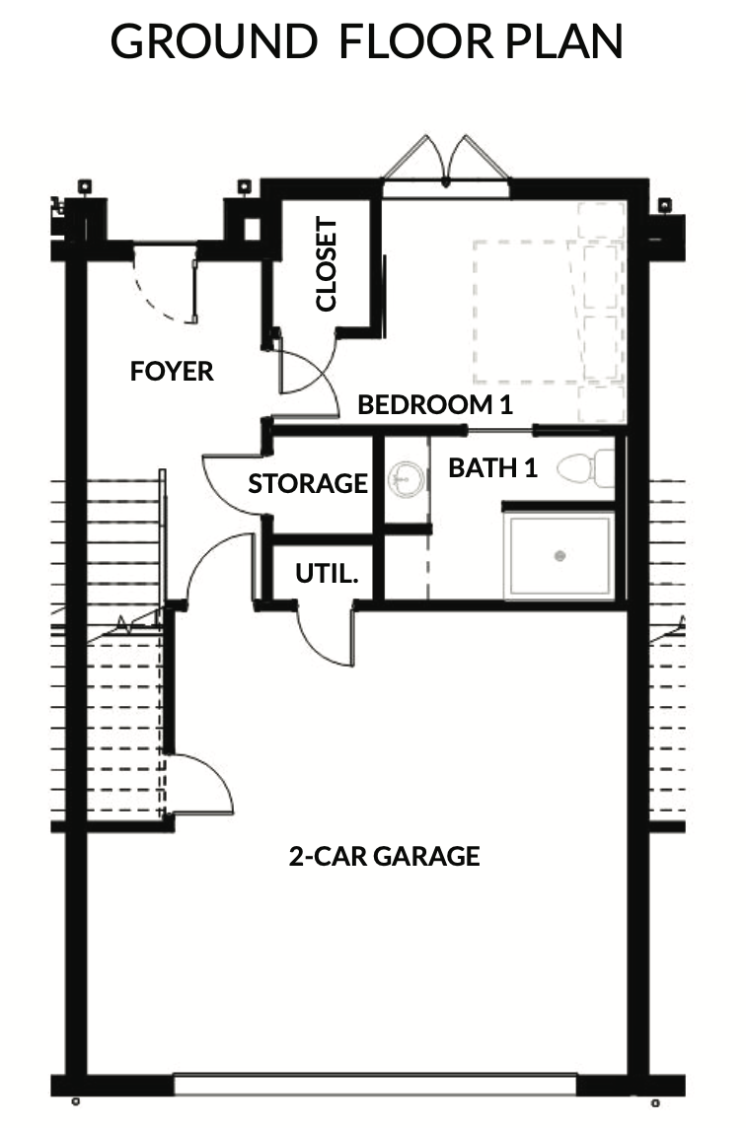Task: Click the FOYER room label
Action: [172, 371]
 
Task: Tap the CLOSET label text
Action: [327, 264]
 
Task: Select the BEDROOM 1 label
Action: [435, 404]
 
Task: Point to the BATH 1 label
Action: [492, 467]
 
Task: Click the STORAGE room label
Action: [308, 483]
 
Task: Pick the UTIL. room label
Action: [327, 573]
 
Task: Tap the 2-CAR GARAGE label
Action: [385, 856]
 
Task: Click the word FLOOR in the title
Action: [416, 41]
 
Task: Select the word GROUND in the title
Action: [214, 41]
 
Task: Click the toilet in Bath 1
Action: [586, 468]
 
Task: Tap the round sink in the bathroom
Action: [406, 478]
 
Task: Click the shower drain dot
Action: [560, 555]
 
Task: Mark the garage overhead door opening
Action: [375, 1084]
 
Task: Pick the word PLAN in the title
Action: [564, 41]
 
